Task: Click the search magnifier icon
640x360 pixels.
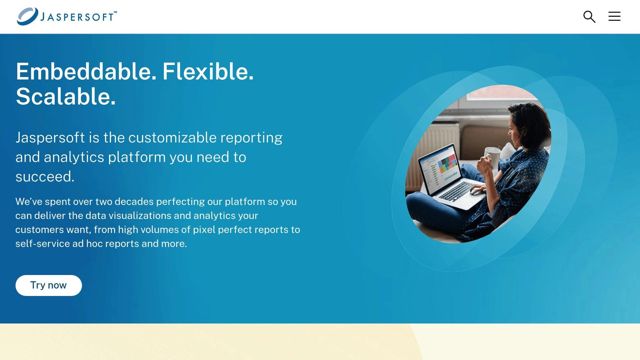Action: [x=589, y=17]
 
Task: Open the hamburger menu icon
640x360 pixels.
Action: [x=614, y=16]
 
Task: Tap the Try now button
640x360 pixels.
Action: [x=48, y=285]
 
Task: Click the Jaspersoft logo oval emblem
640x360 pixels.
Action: [x=27, y=16]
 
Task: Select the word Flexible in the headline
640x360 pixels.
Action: [x=208, y=72]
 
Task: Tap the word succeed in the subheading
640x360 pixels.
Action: [x=45, y=177]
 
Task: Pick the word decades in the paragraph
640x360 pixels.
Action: [x=135, y=202]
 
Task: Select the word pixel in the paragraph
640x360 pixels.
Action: [x=204, y=230]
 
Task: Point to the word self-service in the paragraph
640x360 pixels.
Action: [x=42, y=244]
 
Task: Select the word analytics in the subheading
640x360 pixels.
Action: [x=74, y=157]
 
